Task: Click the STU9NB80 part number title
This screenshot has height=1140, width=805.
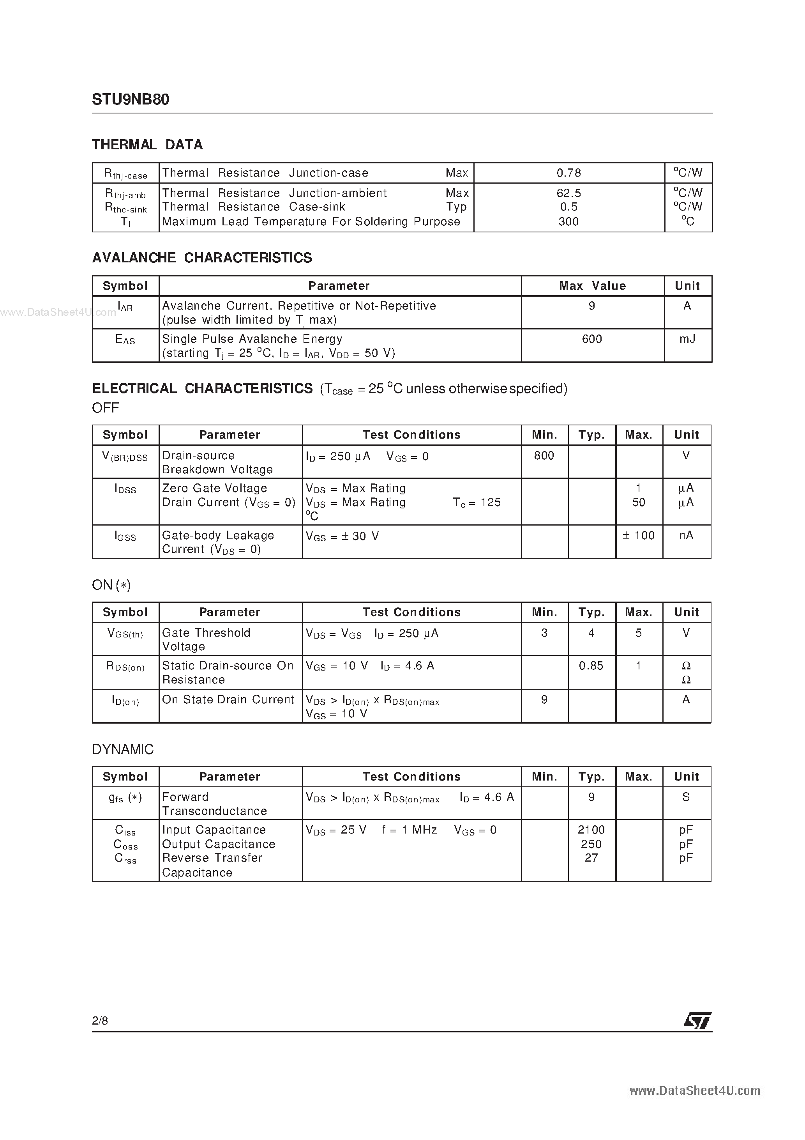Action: (x=131, y=100)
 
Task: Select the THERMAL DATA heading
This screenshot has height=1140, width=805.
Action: (x=147, y=145)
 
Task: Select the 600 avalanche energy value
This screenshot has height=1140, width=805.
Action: (x=591, y=339)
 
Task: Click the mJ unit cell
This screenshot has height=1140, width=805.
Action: (x=687, y=339)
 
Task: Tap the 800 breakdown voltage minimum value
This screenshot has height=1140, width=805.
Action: (x=544, y=455)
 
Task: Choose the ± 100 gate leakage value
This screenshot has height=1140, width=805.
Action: (x=638, y=535)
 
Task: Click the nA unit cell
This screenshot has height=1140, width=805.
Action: (x=686, y=535)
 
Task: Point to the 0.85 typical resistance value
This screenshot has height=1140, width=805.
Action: (x=591, y=666)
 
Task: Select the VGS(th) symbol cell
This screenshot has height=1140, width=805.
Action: (x=125, y=634)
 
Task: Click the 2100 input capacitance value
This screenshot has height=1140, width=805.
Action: (x=591, y=830)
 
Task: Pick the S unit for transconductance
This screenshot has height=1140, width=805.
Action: (x=686, y=797)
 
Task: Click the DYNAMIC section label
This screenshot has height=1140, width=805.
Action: (x=123, y=749)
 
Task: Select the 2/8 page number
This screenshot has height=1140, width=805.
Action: (x=100, y=1020)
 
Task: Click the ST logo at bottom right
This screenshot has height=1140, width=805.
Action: (x=697, y=1020)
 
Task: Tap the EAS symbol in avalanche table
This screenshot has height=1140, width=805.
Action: (x=125, y=340)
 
